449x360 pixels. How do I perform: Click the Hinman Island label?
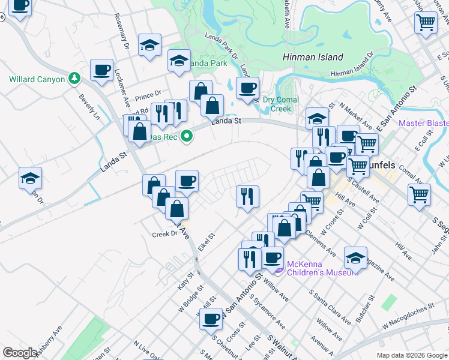point(313,58)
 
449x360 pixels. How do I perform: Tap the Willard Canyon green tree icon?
point(74,78)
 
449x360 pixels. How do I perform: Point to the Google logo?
point(20,353)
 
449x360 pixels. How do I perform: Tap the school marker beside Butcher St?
point(355,258)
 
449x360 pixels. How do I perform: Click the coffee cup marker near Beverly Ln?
point(102,69)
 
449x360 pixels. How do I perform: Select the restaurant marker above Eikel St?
point(247,196)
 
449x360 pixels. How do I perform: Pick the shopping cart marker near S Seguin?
point(419,194)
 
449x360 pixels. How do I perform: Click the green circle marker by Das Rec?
point(187,137)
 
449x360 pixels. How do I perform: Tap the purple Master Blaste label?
point(423,123)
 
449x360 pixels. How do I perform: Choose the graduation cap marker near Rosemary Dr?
point(149,45)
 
